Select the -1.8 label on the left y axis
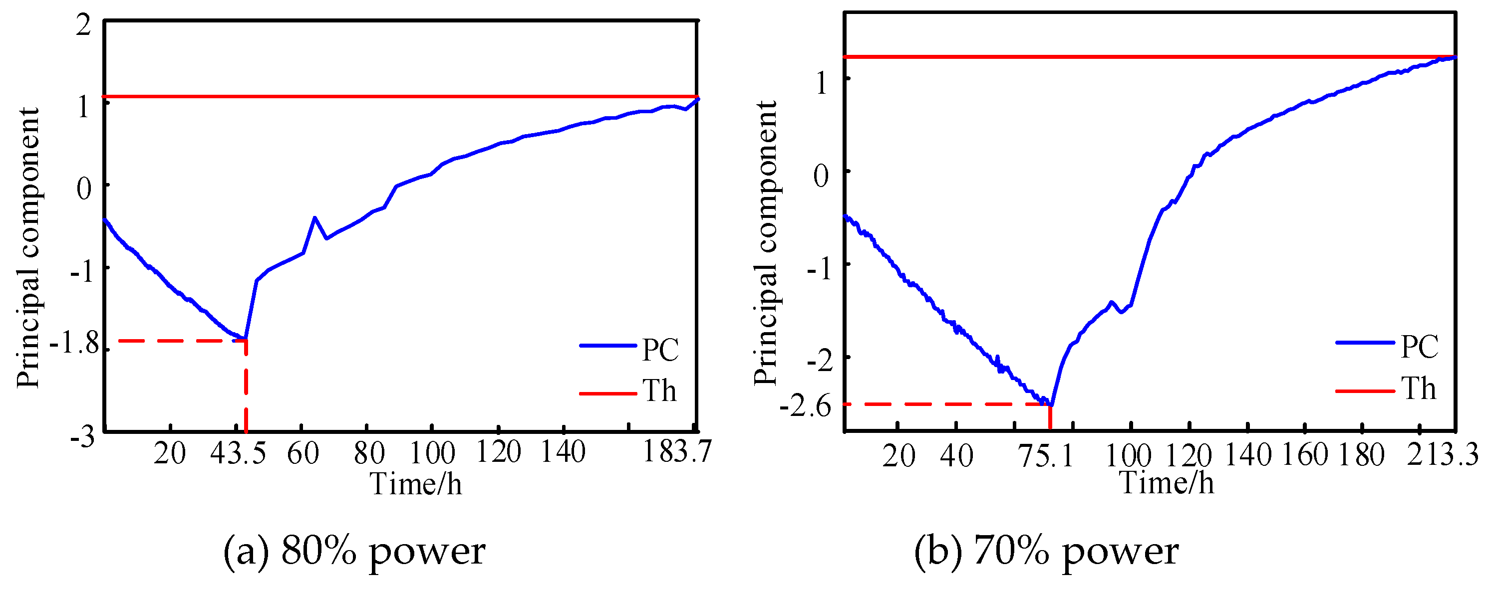click(75, 344)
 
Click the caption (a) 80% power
click(354, 552)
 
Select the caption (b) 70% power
click(1046, 552)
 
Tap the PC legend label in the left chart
click(660, 350)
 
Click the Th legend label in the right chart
click(1418, 389)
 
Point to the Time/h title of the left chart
click(416, 484)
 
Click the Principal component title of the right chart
click(766, 242)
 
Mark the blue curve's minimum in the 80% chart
click(245, 338)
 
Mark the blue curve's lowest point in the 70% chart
click(1051, 406)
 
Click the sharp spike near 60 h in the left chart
click(314, 218)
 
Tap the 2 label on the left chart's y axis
click(84, 26)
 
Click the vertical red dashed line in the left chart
click(247, 387)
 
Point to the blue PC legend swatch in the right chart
click(1365, 343)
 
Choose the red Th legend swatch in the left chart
click(608, 394)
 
